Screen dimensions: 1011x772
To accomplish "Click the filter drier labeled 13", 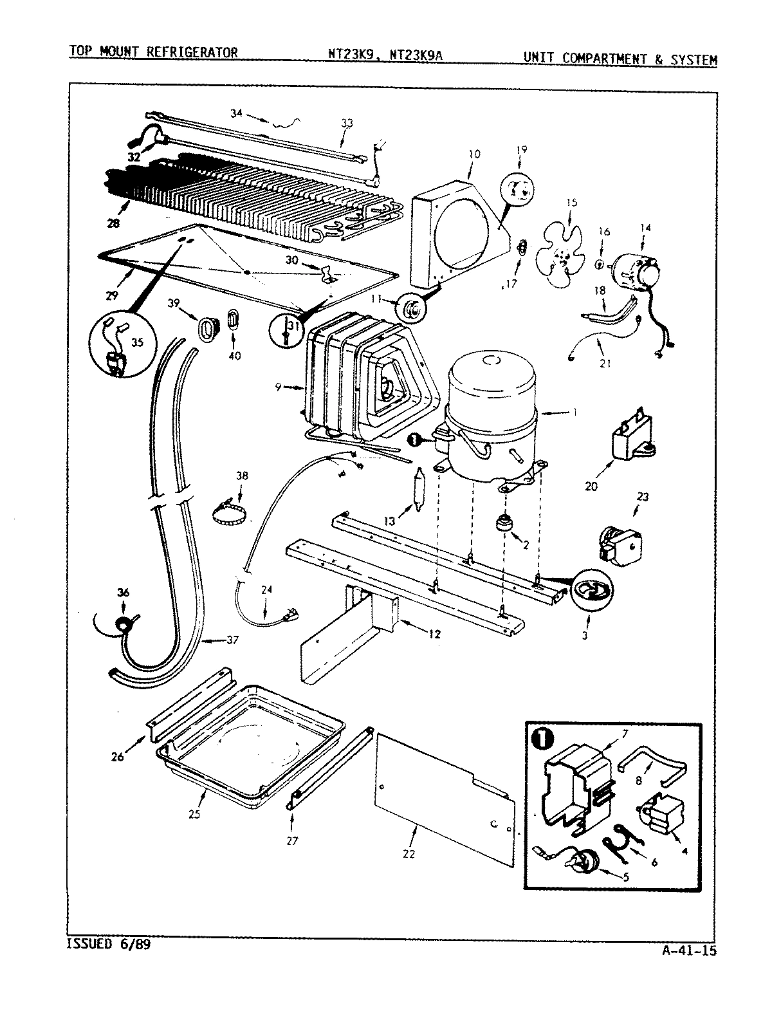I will [419, 489].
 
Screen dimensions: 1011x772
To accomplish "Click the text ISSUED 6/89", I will [110, 945].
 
